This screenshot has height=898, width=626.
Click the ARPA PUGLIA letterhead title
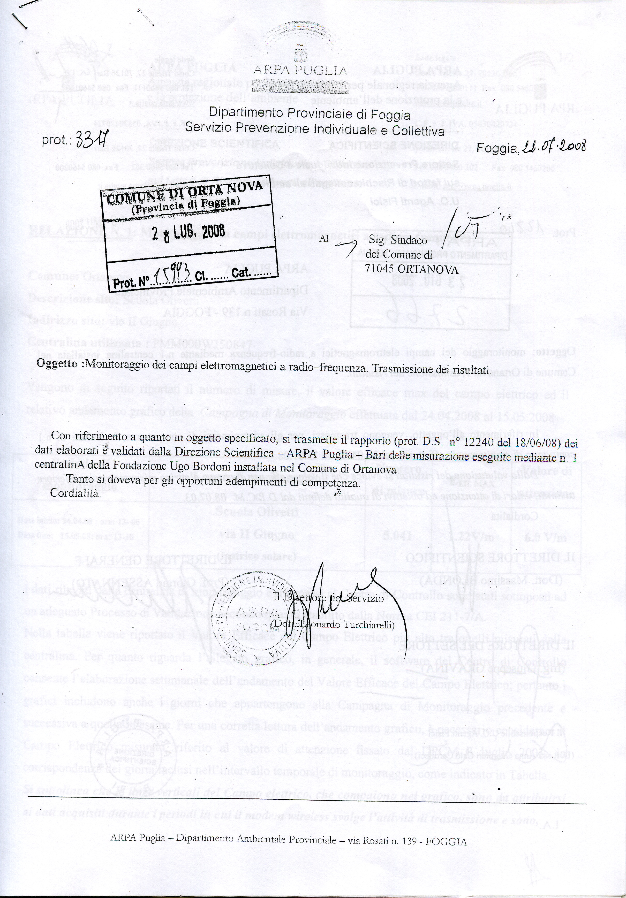click(300, 70)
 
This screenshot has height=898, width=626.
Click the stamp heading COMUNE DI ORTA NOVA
click(184, 192)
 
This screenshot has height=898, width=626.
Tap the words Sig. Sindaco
click(395, 241)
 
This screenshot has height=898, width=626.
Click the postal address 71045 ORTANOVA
click(411, 270)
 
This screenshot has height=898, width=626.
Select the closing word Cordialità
click(76, 493)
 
